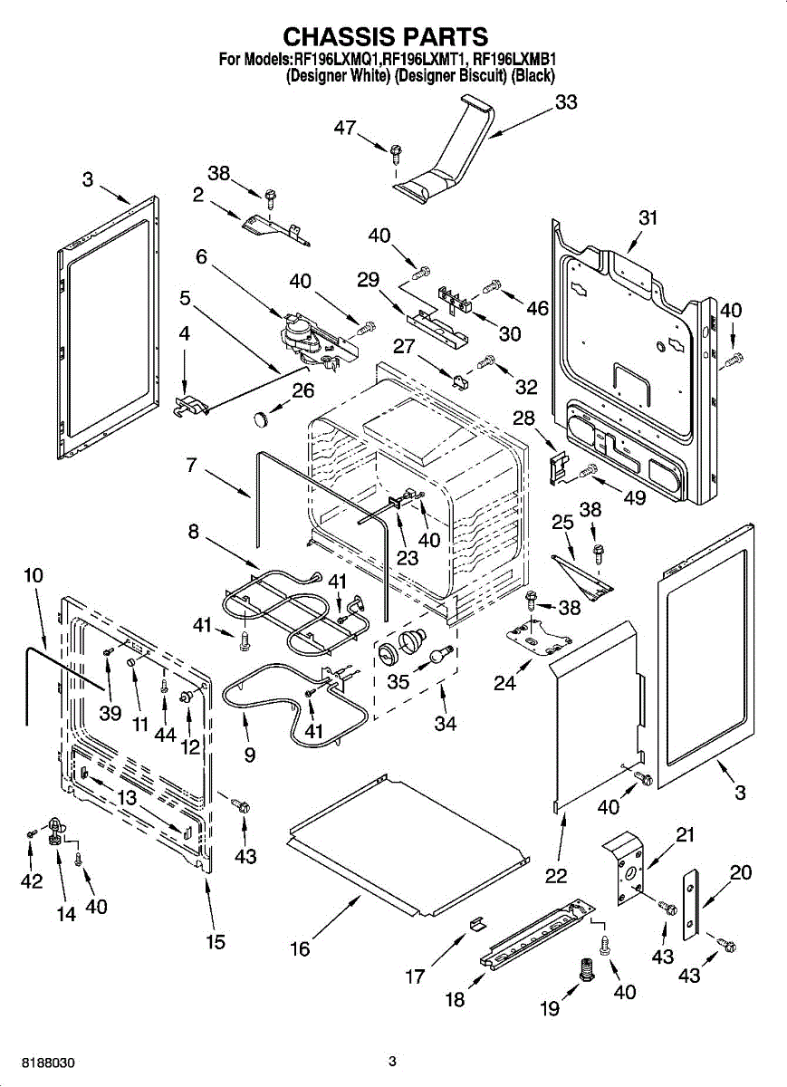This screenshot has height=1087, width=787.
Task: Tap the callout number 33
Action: (x=566, y=102)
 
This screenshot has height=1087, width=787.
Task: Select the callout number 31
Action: (x=648, y=217)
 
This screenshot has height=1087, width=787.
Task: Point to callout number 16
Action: (x=300, y=948)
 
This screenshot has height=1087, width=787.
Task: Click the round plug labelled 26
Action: (x=262, y=418)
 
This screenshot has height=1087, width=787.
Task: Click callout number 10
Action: (x=34, y=574)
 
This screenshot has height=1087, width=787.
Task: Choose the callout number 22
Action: (x=556, y=875)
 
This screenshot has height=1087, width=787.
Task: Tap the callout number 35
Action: (x=398, y=681)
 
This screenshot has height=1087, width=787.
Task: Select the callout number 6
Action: (x=201, y=257)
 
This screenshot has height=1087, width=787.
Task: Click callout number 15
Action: (x=215, y=941)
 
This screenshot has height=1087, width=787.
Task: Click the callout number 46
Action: (x=537, y=308)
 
